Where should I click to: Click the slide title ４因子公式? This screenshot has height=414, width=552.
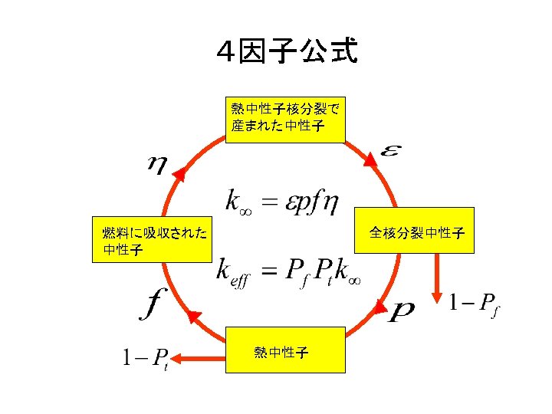(x=287, y=52)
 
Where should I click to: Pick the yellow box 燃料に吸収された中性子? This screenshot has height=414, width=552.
(x=149, y=239)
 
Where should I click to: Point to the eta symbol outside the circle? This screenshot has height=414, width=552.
(x=157, y=165)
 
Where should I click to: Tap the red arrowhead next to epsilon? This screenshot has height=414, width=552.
(x=370, y=158)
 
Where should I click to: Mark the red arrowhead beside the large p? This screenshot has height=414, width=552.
(x=379, y=307)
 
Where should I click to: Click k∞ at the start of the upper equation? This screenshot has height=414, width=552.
(x=238, y=201)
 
